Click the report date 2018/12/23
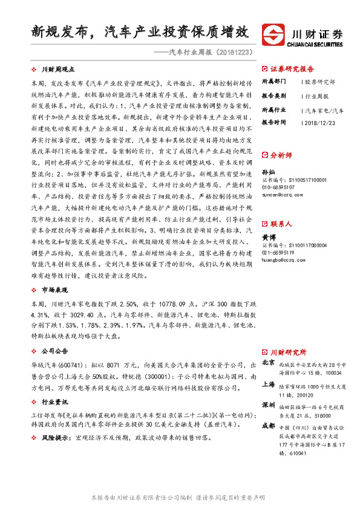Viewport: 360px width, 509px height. pos(319,122)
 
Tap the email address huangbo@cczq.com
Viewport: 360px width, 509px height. pos(284,261)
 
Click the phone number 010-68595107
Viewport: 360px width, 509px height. pos(282,187)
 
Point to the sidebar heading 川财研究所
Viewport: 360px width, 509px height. pos(289,352)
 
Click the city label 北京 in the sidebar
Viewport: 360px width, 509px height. pos(269,362)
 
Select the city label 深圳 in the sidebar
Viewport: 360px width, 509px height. pos(269,405)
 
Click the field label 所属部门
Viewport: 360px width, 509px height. pos(273,81)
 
